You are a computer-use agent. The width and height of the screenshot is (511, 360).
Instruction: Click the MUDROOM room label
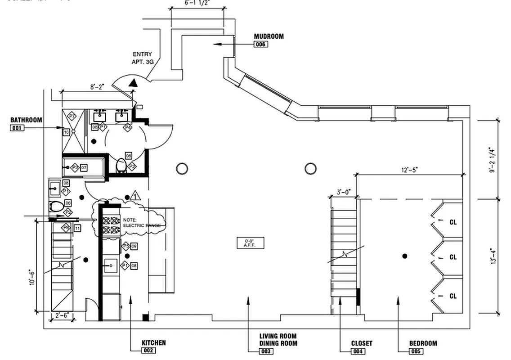[x=269, y=36]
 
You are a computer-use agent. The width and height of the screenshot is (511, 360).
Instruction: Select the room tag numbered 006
[x=261, y=44]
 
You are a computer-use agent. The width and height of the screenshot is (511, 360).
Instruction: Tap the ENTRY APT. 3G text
[x=142, y=58]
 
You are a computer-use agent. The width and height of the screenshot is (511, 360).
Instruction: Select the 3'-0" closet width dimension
[x=344, y=192]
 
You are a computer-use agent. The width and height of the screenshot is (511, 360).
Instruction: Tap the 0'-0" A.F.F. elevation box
[x=251, y=243]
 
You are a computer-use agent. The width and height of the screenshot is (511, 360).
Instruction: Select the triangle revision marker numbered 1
[x=136, y=196]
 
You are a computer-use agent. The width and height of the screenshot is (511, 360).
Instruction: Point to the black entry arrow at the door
[x=133, y=83]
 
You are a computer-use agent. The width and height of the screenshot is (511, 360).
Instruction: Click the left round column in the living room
[x=182, y=169]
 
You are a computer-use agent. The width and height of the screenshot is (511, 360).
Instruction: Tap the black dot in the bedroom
[x=405, y=256]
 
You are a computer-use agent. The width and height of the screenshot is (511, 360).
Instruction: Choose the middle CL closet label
[x=453, y=257]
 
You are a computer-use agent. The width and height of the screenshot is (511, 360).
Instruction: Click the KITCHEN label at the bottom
[x=153, y=343]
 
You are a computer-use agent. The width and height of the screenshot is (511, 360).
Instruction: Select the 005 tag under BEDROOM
[x=417, y=351]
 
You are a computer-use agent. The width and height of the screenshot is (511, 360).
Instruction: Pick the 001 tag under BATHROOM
[x=17, y=128]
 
